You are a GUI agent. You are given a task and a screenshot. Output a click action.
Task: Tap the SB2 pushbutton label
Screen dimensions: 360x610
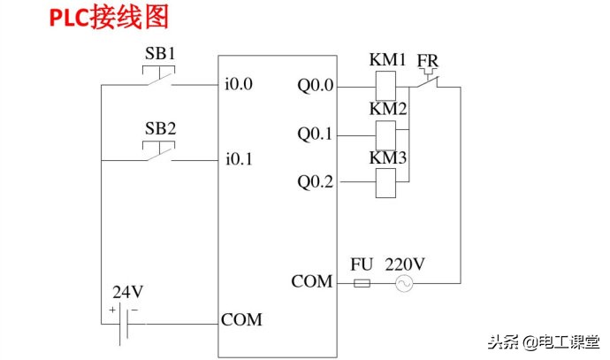pyautogui.click(x=160, y=127)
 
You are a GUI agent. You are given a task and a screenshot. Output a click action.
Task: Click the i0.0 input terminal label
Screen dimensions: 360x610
pyautogui.click(x=239, y=86)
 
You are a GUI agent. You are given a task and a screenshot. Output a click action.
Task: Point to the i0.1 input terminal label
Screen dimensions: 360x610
pyautogui.click(x=239, y=160)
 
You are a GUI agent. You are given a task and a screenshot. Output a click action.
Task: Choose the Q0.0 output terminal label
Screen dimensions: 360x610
pyautogui.click(x=316, y=87)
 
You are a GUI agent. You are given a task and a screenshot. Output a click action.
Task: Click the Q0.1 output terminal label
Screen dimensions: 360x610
pyautogui.click(x=316, y=135)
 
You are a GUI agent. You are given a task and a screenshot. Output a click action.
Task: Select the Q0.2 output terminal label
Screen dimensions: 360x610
pyautogui.click(x=316, y=182)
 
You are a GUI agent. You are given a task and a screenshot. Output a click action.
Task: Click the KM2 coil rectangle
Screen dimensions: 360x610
pyautogui.click(x=386, y=134)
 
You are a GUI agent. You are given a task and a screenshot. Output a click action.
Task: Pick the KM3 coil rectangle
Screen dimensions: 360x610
pyautogui.click(x=386, y=182)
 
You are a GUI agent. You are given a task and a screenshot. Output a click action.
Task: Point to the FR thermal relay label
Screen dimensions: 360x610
pyautogui.click(x=429, y=60)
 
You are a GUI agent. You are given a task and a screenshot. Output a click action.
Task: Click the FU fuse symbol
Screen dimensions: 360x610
pyautogui.click(x=362, y=283)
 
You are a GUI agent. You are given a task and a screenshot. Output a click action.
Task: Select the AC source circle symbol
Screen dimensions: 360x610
pyautogui.click(x=404, y=283)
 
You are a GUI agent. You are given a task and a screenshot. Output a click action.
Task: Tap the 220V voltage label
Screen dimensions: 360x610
pyautogui.click(x=403, y=264)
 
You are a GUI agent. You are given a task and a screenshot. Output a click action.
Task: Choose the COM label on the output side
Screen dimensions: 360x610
pyautogui.click(x=312, y=282)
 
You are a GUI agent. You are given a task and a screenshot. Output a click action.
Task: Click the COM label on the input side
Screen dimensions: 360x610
pyautogui.click(x=241, y=319)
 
